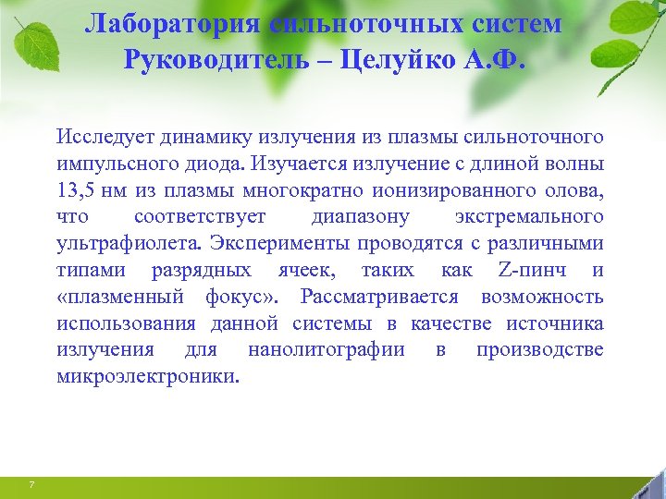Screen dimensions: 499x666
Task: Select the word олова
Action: (x=575, y=191)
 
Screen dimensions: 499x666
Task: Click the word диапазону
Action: (x=361, y=218)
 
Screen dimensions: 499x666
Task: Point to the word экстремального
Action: (x=528, y=218)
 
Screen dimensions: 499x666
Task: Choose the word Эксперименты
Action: (x=273, y=244)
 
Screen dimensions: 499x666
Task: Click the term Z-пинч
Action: (x=528, y=271)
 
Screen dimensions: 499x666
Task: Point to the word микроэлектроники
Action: (x=146, y=377)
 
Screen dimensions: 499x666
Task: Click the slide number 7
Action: (x=32, y=485)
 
